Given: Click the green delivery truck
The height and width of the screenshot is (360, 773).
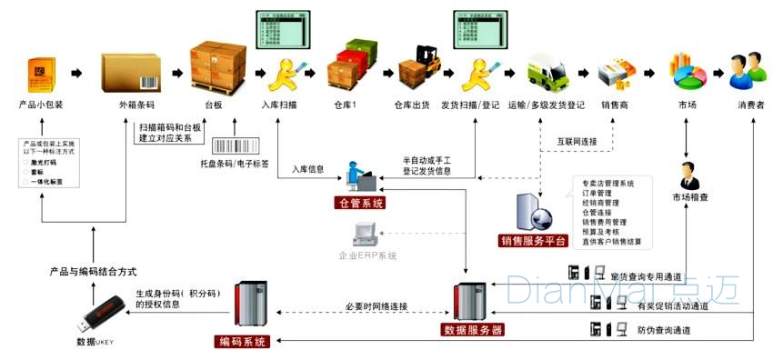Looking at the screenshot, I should [550, 68].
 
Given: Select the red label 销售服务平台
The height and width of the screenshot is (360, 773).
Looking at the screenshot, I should [534, 241].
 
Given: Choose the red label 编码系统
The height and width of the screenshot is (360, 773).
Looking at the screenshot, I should [243, 342].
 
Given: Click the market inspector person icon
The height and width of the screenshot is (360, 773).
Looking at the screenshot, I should [689, 174].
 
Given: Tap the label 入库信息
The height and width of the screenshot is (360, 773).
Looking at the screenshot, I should [308, 168].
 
